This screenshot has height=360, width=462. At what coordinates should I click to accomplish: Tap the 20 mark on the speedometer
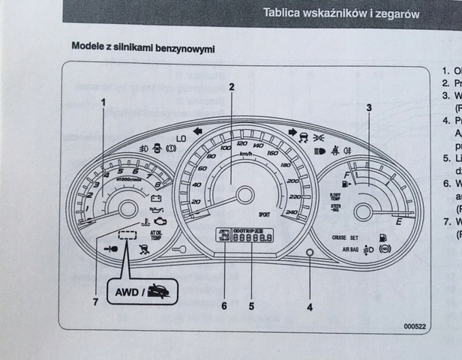(196, 202)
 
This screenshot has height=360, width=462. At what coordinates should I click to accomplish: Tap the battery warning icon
(157, 199)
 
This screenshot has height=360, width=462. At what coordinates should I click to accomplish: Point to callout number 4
(310, 305)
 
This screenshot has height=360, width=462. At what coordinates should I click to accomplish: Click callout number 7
(96, 302)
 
